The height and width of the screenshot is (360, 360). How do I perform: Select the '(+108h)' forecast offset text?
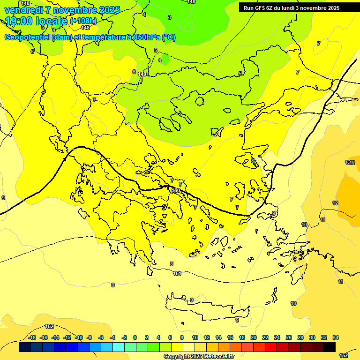(x=83, y=21)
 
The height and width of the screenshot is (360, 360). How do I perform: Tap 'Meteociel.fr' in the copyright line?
(x=217, y=356)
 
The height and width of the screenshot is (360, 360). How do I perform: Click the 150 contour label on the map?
(x=176, y=190)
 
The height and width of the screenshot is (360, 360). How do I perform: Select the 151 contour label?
(x=177, y=273)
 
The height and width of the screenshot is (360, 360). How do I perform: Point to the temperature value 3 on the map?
(x=169, y=17)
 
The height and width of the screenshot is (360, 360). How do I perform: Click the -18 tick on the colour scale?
(x=32, y=337)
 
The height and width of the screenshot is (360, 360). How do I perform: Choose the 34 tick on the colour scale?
(x=336, y=337)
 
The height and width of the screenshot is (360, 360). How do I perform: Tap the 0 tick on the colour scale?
(x=135, y=337)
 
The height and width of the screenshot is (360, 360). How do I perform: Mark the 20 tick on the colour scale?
(x=254, y=337)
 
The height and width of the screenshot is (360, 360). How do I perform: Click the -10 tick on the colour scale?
(x=79, y=337)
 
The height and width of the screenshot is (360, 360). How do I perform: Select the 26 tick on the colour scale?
(x=289, y=337)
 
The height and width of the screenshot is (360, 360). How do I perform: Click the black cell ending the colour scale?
(x=330, y=347)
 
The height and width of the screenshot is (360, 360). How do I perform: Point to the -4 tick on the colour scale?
(x=112, y=337)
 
